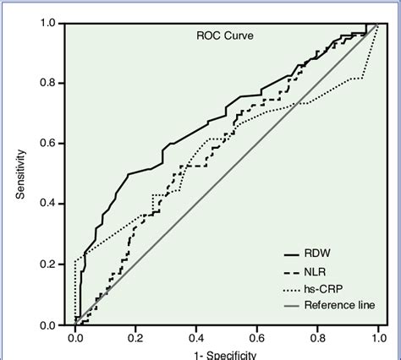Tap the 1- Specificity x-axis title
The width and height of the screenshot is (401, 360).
coord(226,355)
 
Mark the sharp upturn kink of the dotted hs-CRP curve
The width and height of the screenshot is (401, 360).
coord(363,79)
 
